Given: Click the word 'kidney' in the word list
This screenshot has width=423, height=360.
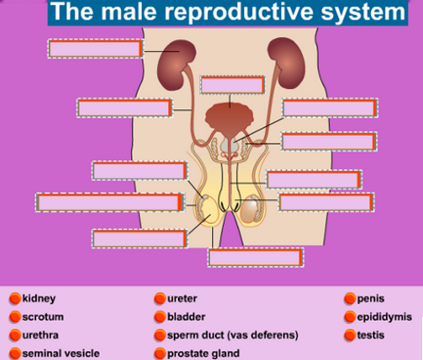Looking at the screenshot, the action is (x=39, y=299).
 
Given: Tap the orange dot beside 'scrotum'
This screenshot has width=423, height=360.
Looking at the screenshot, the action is (x=15, y=317).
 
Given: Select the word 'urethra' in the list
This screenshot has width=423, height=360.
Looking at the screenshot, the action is (x=40, y=335).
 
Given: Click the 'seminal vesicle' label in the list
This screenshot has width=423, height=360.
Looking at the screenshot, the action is (x=61, y=353).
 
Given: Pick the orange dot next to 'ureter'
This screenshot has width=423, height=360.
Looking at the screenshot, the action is (x=159, y=299).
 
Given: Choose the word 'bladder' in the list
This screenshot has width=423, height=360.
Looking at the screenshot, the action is (x=186, y=317).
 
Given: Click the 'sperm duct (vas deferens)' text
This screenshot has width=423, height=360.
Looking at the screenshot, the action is (x=232, y=335).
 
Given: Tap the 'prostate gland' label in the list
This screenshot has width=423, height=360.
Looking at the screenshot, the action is (x=203, y=353).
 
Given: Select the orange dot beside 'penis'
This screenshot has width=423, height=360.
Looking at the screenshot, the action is (x=350, y=299).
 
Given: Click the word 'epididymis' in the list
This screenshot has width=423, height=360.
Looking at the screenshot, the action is (x=384, y=317).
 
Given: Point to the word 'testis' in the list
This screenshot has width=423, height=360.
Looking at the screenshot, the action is (x=371, y=335).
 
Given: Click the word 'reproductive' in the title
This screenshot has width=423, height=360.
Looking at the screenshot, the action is (x=238, y=12).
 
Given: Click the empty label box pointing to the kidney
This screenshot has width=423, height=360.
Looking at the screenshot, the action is (x=96, y=49).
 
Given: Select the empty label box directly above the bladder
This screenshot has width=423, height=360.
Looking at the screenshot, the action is (x=232, y=85).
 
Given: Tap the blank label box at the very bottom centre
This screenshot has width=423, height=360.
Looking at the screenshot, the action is (x=256, y=258).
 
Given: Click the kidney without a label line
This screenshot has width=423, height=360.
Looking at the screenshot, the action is (x=286, y=63).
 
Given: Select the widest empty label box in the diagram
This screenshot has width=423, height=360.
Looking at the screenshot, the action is (x=110, y=202).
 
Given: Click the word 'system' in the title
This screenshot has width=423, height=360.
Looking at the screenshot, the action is (x=363, y=13).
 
